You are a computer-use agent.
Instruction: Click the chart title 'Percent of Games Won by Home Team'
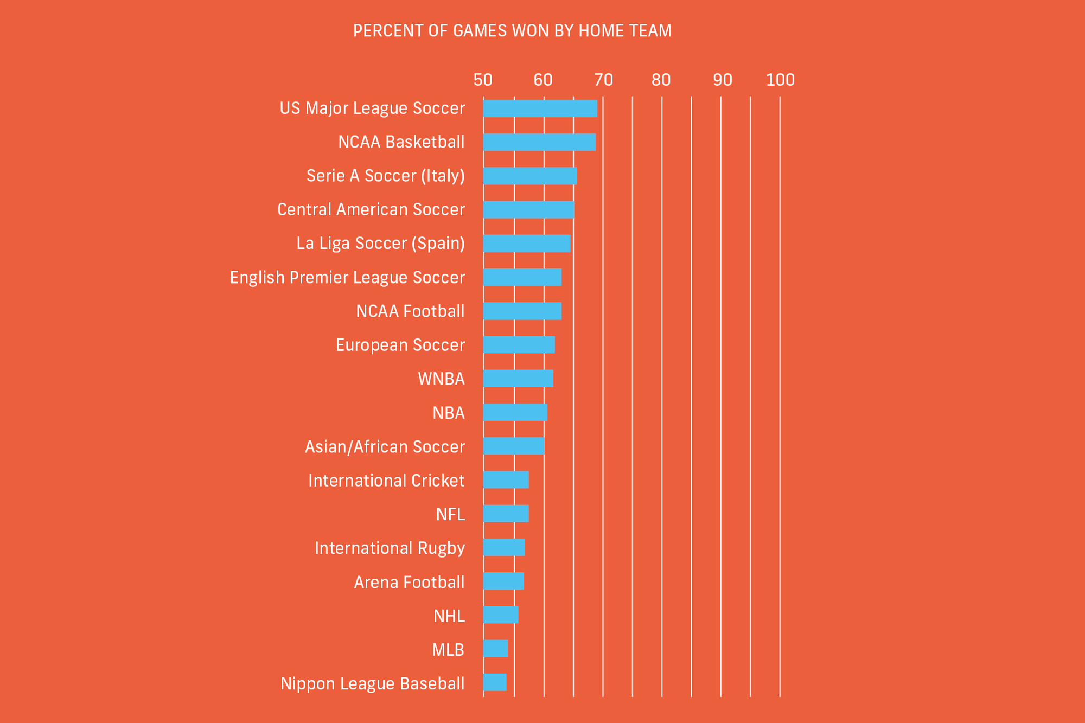pyautogui.click(x=512, y=31)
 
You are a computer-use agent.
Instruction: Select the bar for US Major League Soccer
pyautogui.click(x=540, y=108)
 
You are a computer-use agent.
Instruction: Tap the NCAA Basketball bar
pyautogui.click(x=539, y=142)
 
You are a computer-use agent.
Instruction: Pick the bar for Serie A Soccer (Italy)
pyautogui.click(x=530, y=176)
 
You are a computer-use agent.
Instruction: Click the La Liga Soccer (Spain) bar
pyautogui.click(x=527, y=244)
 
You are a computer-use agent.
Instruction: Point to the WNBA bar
pyautogui.click(x=518, y=379)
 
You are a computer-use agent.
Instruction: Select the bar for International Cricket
pyautogui.click(x=506, y=480)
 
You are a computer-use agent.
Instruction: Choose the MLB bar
pyautogui.click(x=495, y=649)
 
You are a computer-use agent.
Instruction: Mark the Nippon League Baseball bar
pyautogui.click(x=495, y=682)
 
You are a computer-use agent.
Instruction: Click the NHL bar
pyautogui.click(x=501, y=615)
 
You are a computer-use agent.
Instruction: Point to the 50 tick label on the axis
pyautogui.click(x=483, y=80)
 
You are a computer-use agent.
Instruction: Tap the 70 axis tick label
pyautogui.click(x=603, y=80)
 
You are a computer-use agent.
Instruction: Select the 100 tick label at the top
pyautogui.click(x=780, y=80)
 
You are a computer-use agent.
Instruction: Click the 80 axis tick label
pyautogui.click(x=661, y=80)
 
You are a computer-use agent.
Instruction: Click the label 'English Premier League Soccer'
pyautogui.click(x=347, y=278)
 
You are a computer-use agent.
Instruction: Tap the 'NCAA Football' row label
pyautogui.click(x=410, y=311)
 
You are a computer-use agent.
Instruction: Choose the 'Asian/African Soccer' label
pyautogui.click(x=385, y=447)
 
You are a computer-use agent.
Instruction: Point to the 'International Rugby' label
pyautogui.click(x=390, y=548)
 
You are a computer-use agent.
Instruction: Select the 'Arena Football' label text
pyautogui.click(x=409, y=583)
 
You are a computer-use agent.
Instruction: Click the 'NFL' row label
pyautogui.click(x=450, y=514)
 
